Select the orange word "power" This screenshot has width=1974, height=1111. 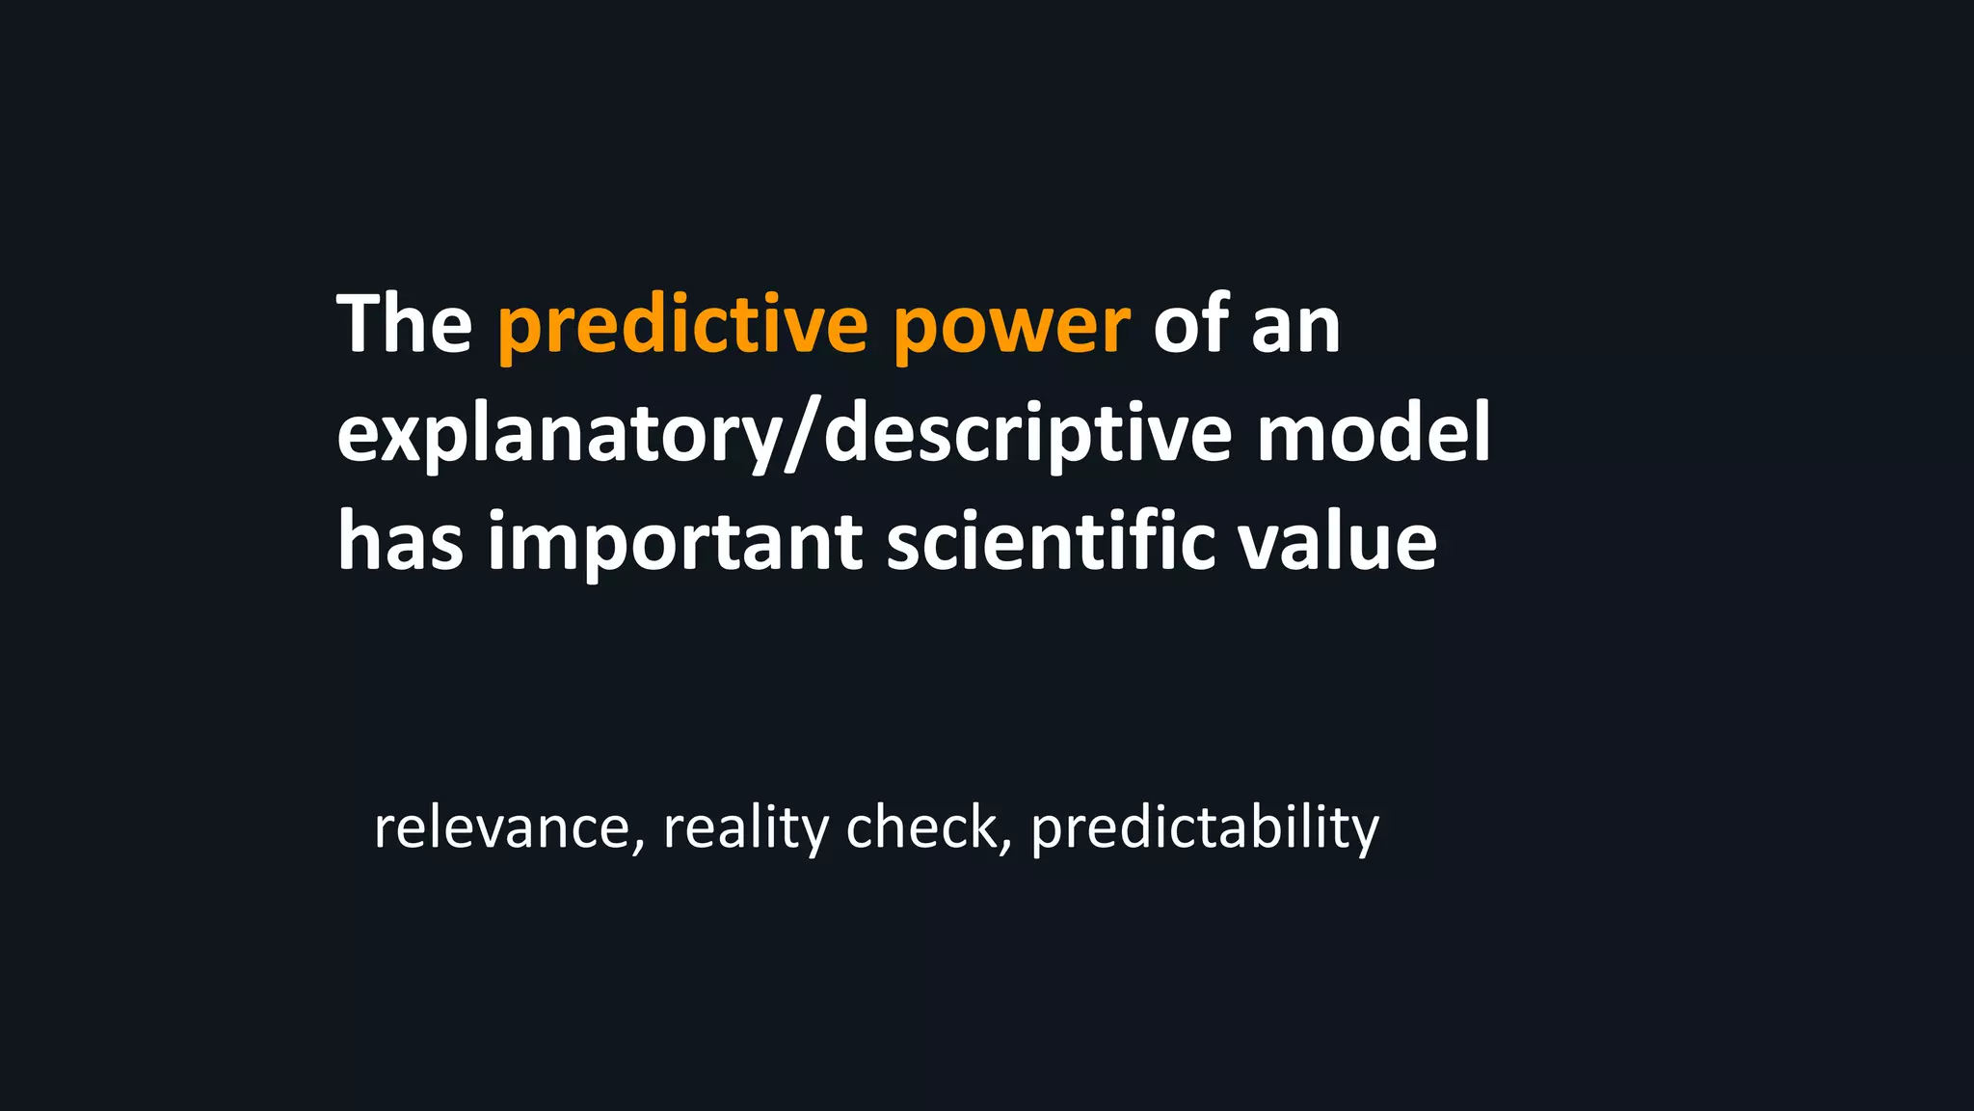click(x=1011, y=328)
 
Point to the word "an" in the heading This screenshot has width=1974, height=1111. click(x=1295, y=328)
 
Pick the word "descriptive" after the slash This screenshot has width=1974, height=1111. click(x=1027, y=434)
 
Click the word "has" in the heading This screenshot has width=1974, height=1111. click(x=400, y=541)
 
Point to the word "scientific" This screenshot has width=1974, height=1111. click(x=1051, y=541)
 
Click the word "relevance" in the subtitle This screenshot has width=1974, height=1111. click(x=501, y=827)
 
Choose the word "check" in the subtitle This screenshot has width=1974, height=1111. click(x=922, y=827)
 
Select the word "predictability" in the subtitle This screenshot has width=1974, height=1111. click(x=1205, y=829)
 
